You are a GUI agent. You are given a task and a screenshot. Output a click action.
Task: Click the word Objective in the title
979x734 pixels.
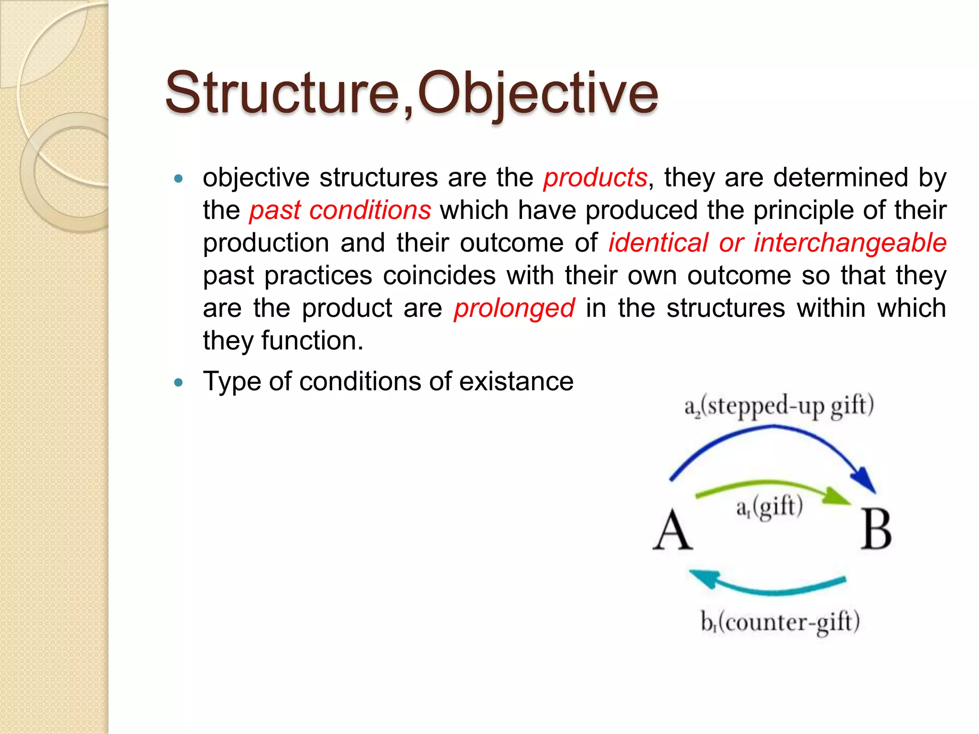coord(538,93)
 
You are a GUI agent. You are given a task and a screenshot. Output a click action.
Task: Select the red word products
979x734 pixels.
coord(595,178)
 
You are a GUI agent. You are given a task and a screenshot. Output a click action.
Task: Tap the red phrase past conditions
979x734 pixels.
coord(340,211)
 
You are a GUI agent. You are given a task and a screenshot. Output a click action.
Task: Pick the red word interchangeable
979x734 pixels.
coord(850,243)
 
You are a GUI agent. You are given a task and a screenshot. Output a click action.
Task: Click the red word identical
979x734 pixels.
coord(658,243)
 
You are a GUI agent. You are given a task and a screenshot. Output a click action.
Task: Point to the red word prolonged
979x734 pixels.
coord(514,308)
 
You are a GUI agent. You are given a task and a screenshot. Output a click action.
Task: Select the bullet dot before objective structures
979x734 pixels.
coord(179,179)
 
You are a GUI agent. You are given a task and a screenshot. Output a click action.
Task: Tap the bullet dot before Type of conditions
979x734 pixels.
coord(179,382)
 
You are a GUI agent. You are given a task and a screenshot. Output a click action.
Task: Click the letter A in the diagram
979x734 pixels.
coord(672,530)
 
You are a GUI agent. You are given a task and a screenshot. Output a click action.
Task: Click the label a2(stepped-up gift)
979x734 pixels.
coord(779,406)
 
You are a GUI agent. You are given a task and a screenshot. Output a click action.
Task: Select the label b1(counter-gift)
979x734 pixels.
coord(780,622)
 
